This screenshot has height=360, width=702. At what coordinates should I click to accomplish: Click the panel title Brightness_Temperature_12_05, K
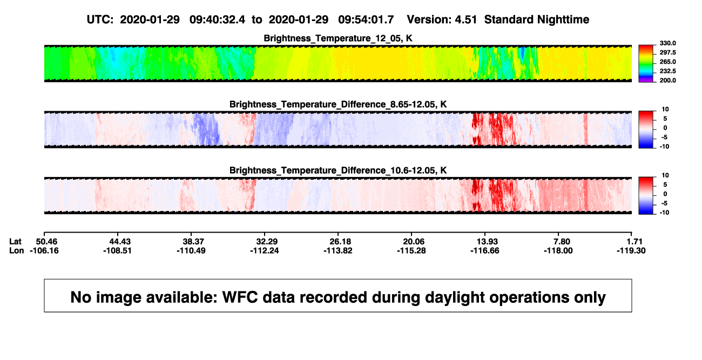338,38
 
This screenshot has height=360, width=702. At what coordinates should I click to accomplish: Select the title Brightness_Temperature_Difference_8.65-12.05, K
338,104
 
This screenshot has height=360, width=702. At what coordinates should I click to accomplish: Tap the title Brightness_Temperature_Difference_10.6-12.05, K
338,171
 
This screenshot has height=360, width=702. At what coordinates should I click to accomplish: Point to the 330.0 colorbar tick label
667,43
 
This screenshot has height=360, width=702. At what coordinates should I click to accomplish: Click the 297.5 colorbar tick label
667,52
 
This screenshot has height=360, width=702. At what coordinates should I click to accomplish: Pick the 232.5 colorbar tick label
667,71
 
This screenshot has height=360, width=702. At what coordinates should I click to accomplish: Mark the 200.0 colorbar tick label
667,80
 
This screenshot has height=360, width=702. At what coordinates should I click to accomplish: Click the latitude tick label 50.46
46,242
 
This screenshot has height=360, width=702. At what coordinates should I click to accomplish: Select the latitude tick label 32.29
267,242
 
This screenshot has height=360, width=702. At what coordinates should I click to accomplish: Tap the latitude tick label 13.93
487,242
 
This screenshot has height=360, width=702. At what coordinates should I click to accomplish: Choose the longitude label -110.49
191,250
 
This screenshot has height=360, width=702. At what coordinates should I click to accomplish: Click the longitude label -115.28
411,250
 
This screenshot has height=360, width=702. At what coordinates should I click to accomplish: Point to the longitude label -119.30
631,250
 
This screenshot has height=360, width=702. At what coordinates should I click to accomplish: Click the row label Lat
15,242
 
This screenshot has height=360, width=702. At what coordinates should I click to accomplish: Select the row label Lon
17,250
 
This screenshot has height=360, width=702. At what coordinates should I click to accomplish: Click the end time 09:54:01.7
366,20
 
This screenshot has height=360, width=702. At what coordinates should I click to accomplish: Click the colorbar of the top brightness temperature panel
646,64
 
